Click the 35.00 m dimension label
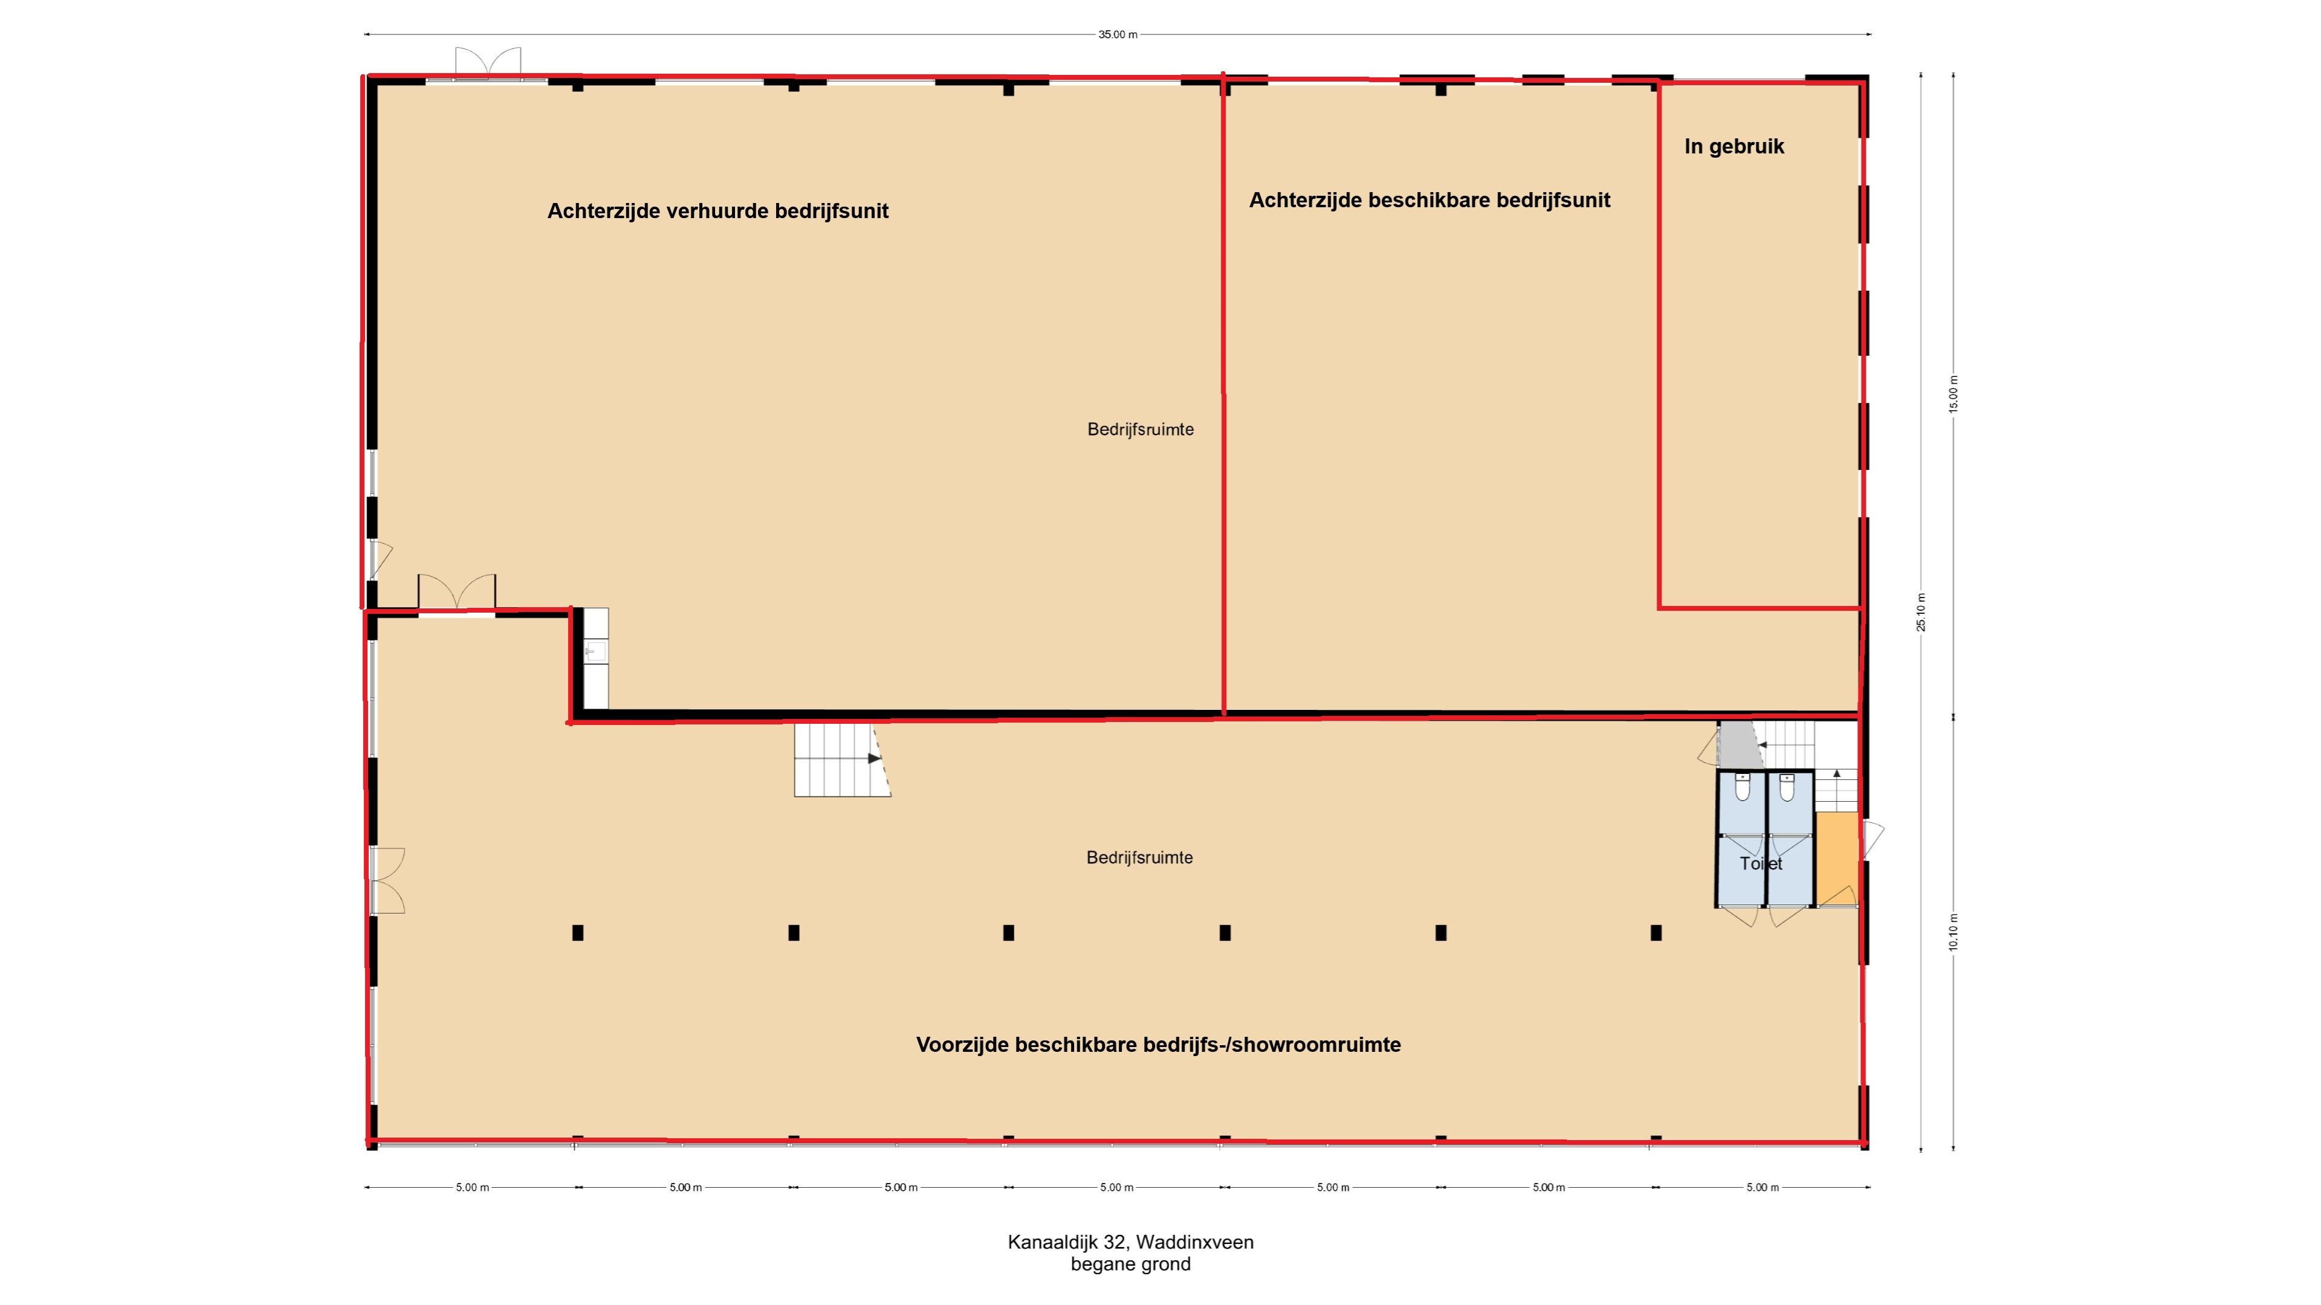click(1117, 35)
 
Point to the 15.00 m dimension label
click(1954, 393)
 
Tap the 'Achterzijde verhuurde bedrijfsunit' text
click(718, 211)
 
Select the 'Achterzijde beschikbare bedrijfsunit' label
click(1429, 200)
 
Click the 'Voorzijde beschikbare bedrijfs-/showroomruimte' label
click(1159, 1045)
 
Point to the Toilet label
click(1761, 864)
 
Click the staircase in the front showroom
click(841, 759)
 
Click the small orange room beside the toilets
click(1836, 859)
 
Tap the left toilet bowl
click(1743, 788)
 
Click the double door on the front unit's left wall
click(387, 881)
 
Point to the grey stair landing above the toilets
click(1739, 745)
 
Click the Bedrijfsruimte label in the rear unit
click(1141, 430)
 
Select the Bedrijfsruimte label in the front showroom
click(1140, 857)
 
